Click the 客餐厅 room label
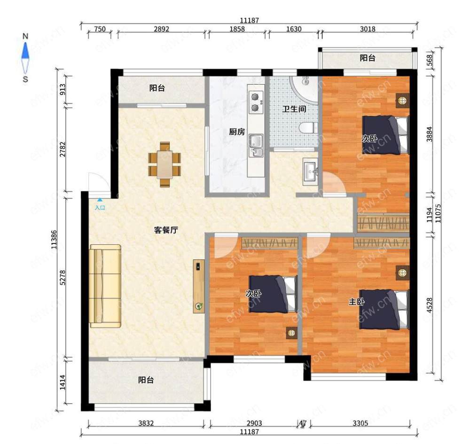point(166,230)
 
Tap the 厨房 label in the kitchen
point(237,132)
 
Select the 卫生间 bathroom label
point(294,109)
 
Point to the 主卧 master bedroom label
point(356,302)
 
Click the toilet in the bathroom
point(308,128)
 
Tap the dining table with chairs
point(164,164)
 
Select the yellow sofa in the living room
point(105,286)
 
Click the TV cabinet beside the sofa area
point(199,287)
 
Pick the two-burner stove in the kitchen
point(255,102)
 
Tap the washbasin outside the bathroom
point(310,172)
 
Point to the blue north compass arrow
point(25,50)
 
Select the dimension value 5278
point(63,278)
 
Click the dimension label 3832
point(146,423)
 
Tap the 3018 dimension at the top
point(368,29)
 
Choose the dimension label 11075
point(438,213)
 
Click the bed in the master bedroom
point(384,309)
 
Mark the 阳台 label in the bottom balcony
point(146,380)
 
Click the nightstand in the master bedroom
point(402,273)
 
